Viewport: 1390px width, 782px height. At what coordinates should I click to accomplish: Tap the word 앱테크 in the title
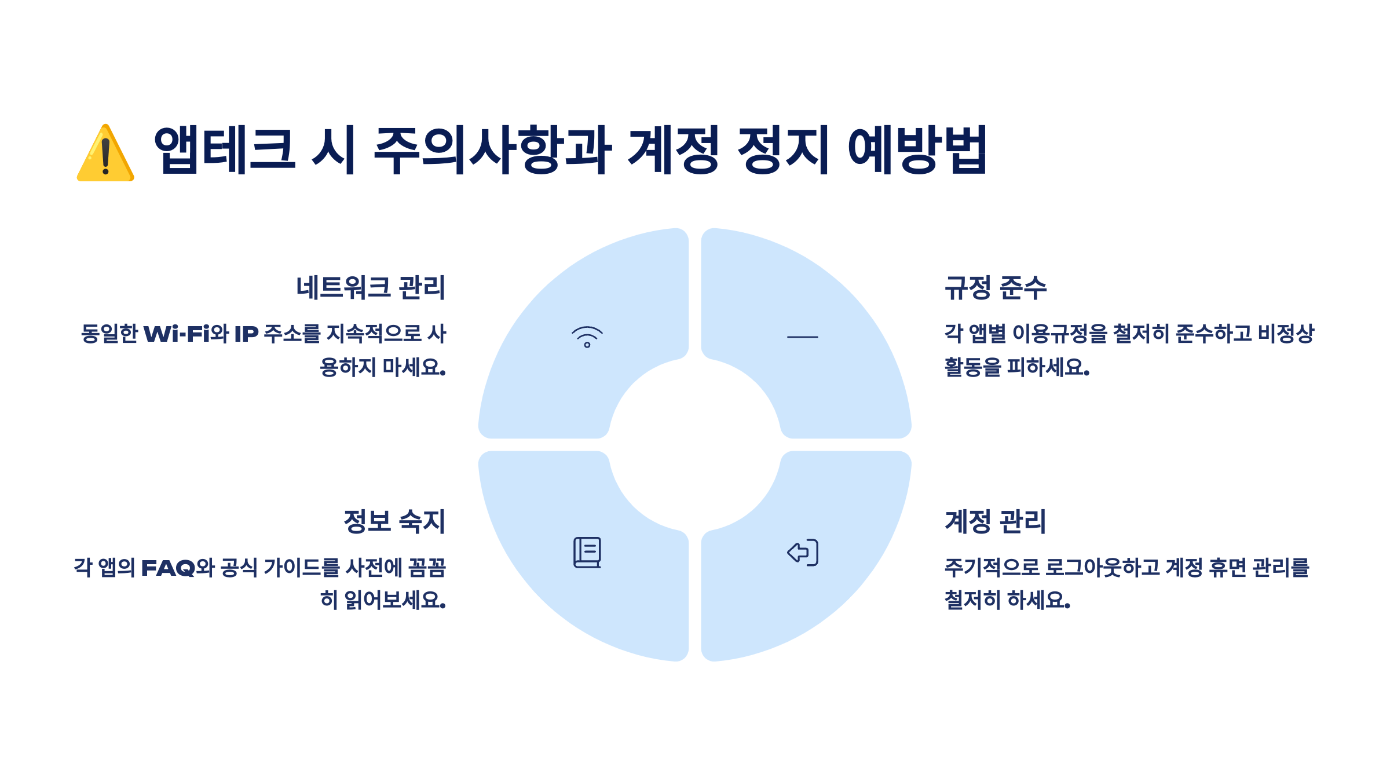tap(224, 150)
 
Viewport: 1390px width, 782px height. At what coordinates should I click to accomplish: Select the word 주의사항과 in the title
tap(492, 150)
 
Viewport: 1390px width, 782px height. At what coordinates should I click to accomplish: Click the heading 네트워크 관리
tap(371, 288)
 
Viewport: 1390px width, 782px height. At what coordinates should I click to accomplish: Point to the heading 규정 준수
tap(996, 288)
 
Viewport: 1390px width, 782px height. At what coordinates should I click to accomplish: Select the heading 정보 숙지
tap(394, 521)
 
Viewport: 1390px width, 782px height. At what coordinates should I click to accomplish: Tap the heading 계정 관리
tap(996, 521)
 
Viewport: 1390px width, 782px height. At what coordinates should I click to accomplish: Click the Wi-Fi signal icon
tap(587, 337)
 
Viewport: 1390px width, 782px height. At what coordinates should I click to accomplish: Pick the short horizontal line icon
tap(803, 337)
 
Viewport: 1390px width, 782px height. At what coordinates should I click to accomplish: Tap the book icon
tap(587, 553)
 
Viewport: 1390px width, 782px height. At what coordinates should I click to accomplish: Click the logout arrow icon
tap(803, 553)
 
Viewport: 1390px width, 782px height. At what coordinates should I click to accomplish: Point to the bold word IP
tap(246, 334)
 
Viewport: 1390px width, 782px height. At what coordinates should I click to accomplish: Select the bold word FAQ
tap(168, 568)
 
